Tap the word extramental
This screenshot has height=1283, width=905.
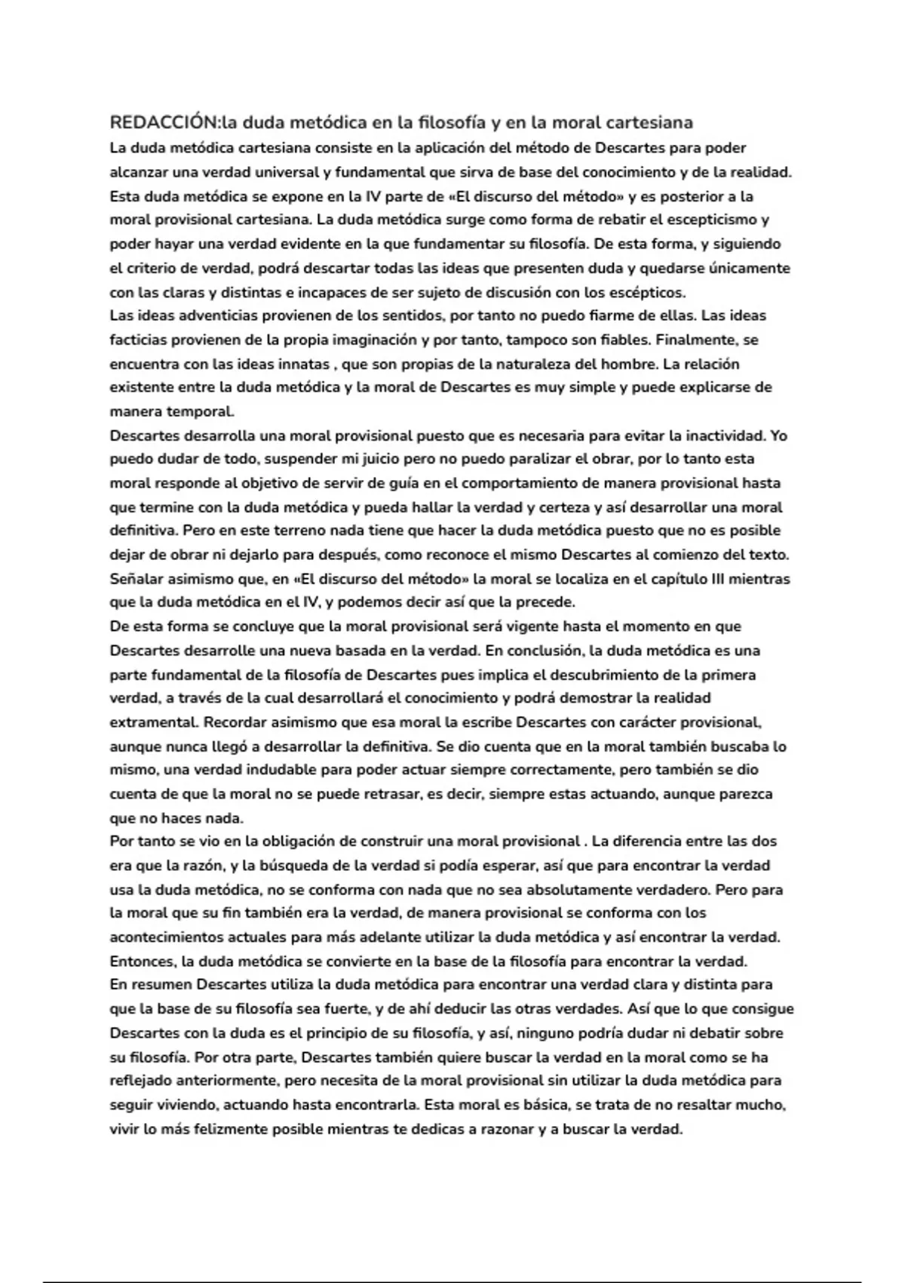point(154,722)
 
